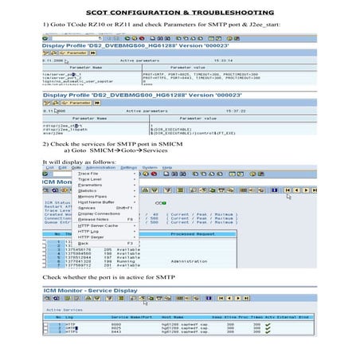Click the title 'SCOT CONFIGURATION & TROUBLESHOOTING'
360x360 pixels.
pyautogui.click(x=179, y=14)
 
